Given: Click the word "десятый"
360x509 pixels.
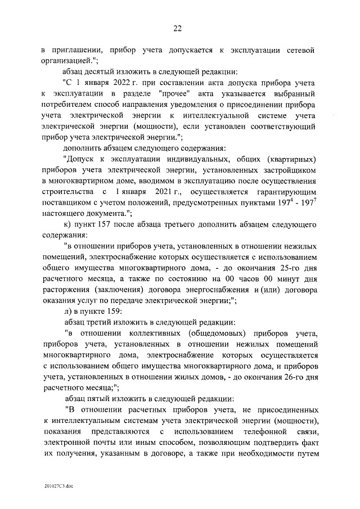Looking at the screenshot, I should click(107, 72).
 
